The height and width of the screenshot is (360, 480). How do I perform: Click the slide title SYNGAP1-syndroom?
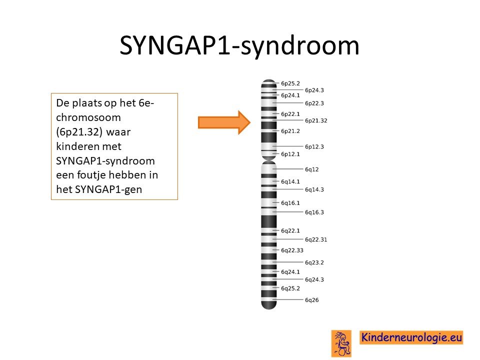[x=239, y=45]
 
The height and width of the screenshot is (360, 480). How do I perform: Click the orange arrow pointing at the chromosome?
[x=224, y=122]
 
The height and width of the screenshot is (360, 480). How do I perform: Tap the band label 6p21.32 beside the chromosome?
[x=316, y=120]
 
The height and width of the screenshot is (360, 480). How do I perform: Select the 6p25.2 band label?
[x=290, y=83]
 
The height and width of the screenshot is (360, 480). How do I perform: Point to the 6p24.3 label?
[x=314, y=90]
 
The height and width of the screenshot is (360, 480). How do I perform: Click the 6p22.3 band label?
[x=314, y=103]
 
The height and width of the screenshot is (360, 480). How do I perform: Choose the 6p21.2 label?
[x=290, y=131]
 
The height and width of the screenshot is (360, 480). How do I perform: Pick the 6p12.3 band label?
[x=314, y=146]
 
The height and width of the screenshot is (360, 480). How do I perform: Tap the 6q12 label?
[x=311, y=169]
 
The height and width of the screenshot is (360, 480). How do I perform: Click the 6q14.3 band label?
[x=314, y=189]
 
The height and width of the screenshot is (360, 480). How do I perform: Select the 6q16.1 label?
[x=290, y=203]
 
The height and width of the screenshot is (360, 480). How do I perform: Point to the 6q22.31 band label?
[x=316, y=239]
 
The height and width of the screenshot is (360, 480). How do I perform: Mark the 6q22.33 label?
[x=292, y=250]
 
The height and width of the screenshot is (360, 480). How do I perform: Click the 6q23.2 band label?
[x=314, y=262]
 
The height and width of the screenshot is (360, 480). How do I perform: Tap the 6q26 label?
[x=311, y=300]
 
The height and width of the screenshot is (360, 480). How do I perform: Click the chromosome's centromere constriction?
[x=269, y=160]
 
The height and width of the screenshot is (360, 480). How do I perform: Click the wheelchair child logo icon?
[x=341, y=343]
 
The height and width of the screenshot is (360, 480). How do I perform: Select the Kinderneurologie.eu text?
[x=411, y=337]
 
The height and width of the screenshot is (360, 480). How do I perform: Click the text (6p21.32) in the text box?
[x=79, y=132]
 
